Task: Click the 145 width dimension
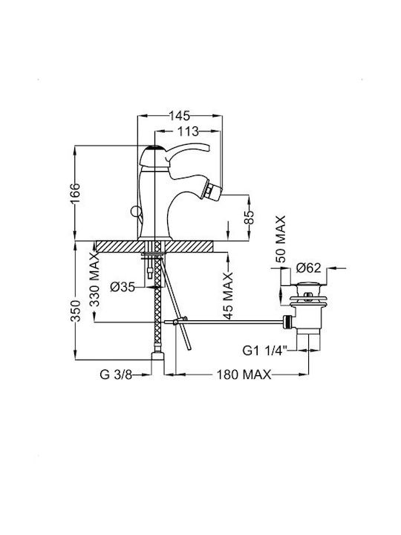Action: coord(180,116)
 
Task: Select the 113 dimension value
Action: coord(187,131)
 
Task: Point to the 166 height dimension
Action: coord(75,194)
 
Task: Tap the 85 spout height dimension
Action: coord(250,217)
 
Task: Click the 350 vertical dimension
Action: coord(75,311)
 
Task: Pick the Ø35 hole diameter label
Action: coord(123,288)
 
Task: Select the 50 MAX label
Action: coord(280,239)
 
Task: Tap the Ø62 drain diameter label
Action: coord(309,268)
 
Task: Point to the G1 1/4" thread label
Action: coord(264,351)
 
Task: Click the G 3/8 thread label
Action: coord(116,374)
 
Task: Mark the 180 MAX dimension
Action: coord(244,374)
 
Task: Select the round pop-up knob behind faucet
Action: coord(139,213)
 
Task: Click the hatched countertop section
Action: coord(155,247)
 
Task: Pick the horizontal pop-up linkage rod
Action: coord(226,322)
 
